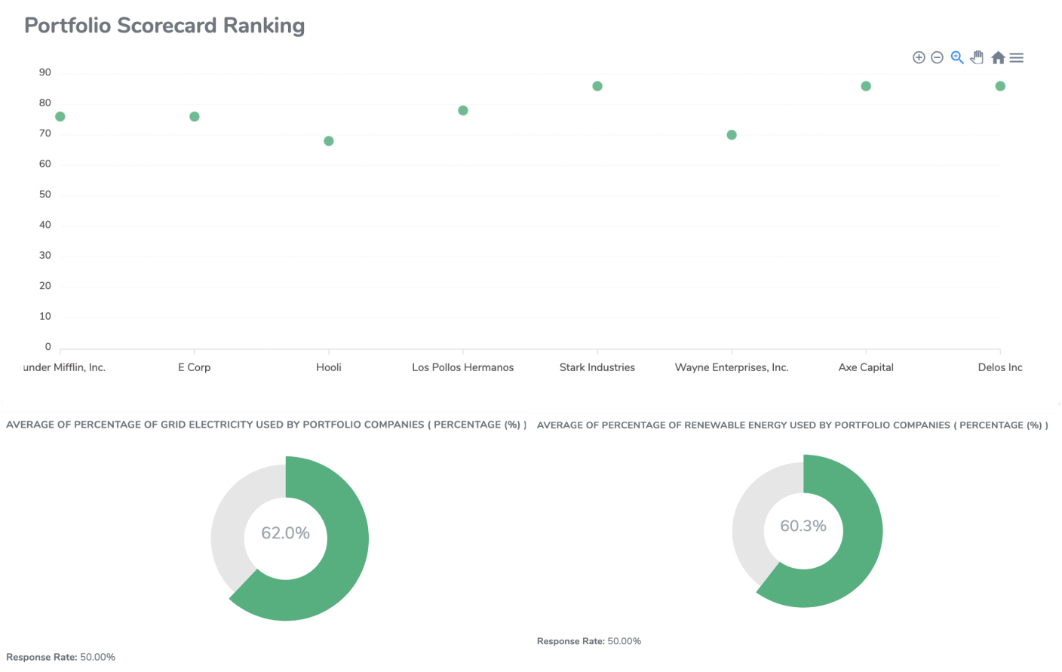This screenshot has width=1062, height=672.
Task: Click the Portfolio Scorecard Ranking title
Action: tap(164, 26)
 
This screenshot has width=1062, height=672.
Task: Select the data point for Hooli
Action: tap(329, 141)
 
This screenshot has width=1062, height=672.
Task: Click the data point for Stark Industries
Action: tap(597, 86)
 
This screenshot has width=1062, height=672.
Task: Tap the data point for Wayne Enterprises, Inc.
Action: tap(732, 135)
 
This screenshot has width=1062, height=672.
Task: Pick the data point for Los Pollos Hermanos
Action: tap(463, 111)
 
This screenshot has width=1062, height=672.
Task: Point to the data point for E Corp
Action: tap(195, 117)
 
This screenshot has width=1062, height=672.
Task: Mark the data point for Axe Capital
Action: tap(866, 86)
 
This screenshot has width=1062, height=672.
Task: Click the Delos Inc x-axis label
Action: tap(1000, 367)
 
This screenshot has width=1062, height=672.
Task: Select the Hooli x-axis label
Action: tap(329, 367)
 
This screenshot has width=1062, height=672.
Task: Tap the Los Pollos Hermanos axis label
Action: tap(463, 367)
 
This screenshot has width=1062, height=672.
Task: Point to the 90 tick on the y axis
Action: tap(45, 72)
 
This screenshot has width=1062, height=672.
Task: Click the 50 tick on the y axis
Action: tap(45, 195)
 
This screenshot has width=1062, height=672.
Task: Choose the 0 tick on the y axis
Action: tap(48, 347)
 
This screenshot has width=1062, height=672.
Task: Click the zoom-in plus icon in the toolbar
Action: tap(919, 57)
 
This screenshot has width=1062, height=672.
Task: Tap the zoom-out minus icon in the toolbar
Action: tap(938, 57)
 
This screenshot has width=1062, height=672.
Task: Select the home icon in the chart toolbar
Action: tap(998, 57)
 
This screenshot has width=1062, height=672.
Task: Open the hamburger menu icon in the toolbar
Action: tap(1017, 57)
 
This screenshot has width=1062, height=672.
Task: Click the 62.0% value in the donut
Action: tap(285, 533)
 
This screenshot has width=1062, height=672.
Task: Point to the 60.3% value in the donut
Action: tap(803, 526)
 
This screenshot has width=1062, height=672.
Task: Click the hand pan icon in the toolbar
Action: tap(978, 57)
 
